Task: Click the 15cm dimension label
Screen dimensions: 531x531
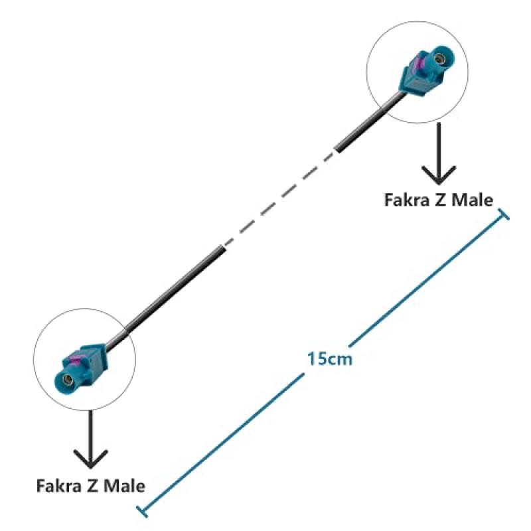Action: (x=329, y=358)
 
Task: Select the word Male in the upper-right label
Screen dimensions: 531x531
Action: (x=472, y=199)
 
